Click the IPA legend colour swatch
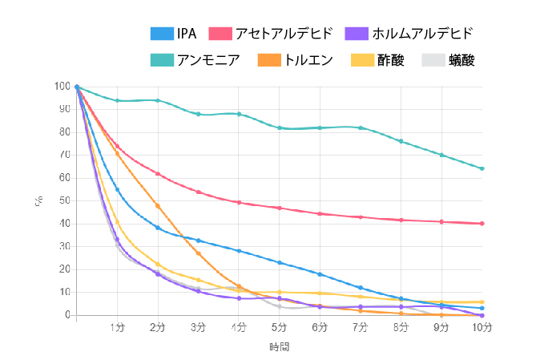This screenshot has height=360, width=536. point(163,34)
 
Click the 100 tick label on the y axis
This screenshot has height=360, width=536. point(62,87)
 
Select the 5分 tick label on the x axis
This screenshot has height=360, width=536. point(279,327)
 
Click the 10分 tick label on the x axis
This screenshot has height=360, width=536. point(482,327)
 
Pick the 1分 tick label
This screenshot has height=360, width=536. point(117,327)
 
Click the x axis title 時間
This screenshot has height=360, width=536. point(279,346)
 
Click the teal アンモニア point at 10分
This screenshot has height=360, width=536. point(482,168)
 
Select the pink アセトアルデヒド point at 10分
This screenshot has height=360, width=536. point(482,224)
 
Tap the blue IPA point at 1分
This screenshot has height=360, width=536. point(117,189)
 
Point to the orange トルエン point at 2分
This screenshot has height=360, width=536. point(158,205)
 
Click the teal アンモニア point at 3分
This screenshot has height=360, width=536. point(198,114)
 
